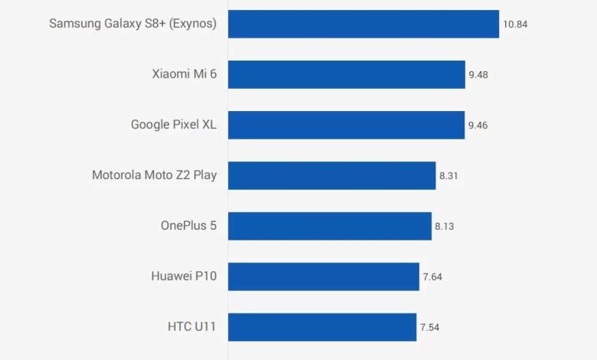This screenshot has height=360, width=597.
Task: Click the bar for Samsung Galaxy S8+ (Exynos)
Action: click(x=364, y=24)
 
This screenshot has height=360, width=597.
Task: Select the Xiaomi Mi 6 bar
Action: click(x=347, y=74)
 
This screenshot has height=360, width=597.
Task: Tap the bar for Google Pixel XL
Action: click(x=346, y=125)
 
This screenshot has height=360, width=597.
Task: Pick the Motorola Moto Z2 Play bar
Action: click(x=331, y=175)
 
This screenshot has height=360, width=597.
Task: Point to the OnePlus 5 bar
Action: click(x=330, y=226)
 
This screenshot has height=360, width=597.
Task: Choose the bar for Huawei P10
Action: click(x=324, y=277)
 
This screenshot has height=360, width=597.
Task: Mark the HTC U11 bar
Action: click(x=322, y=327)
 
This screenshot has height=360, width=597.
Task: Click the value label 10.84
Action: click(x=515, y=25)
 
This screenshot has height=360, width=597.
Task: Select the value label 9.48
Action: click(x=478, y=75)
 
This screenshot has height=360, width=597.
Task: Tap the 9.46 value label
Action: click(x=478, y=126)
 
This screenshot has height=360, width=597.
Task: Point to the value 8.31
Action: click(x=449, y=176)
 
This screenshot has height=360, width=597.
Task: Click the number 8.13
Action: click(x=445, y=227)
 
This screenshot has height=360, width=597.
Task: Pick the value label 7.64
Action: click(x=432, y=277)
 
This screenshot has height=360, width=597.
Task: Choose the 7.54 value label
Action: click(x=429, y=328)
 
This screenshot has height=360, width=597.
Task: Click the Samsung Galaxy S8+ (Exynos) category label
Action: click(x=133, y=24)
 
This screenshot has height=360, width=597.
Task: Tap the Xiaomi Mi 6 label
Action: click(x=184, y=74)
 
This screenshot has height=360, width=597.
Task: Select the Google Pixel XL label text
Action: click(x=174, y=125)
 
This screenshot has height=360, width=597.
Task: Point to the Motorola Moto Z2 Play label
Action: click(x=155, y=175)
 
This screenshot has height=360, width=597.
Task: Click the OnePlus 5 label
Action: click(x=189, y=226)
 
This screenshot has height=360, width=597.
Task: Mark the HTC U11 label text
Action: click(x=192, y=327)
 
